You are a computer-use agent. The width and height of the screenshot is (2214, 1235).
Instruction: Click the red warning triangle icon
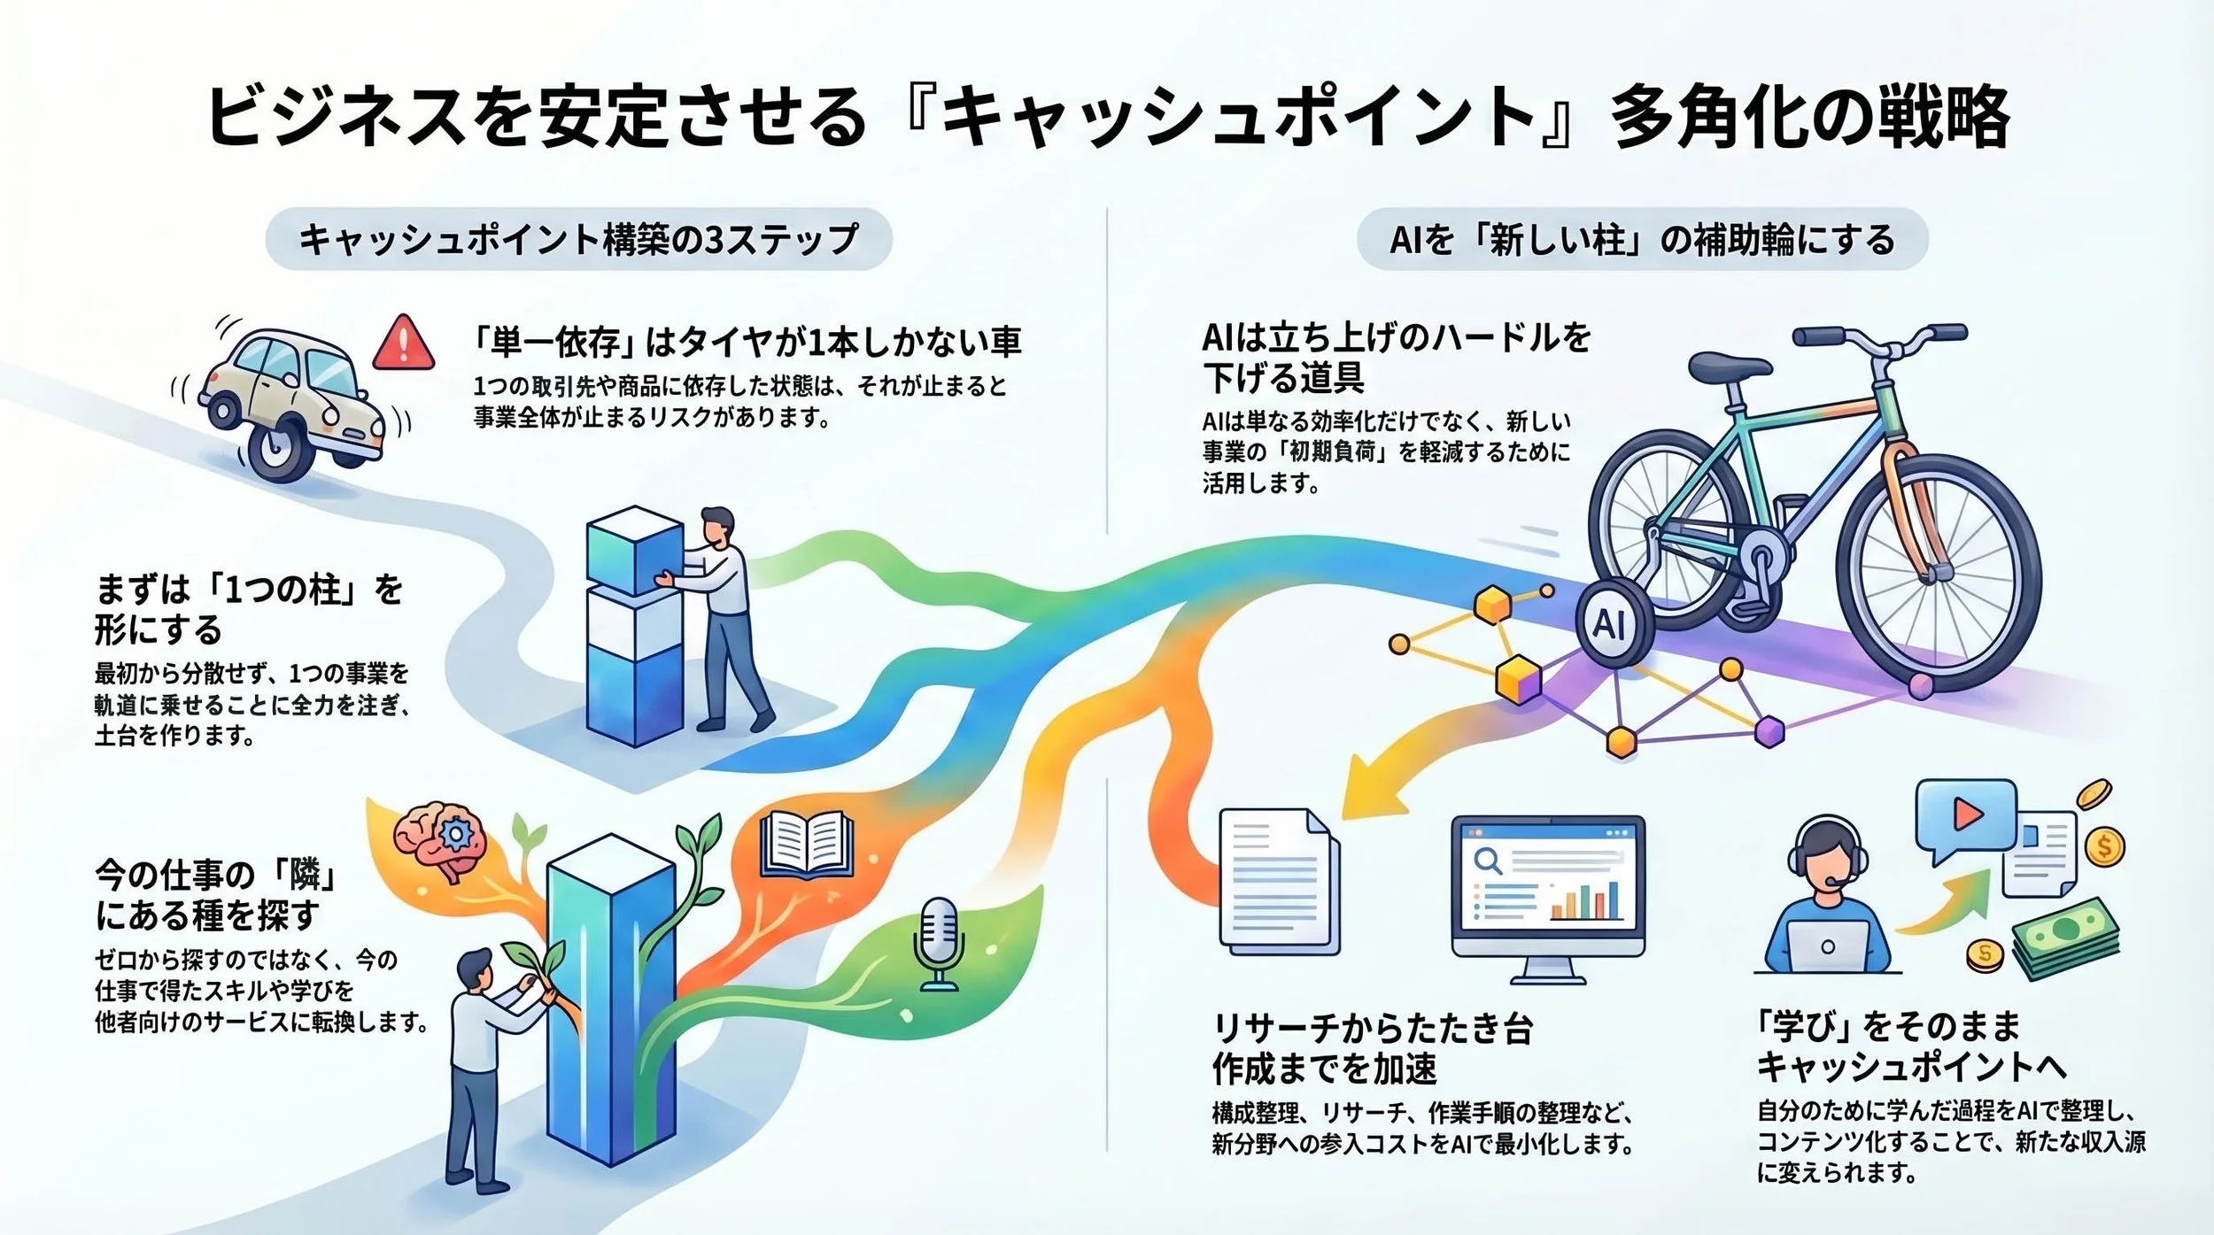click(x=404, y=343)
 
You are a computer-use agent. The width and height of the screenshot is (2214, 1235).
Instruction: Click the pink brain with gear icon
click(x=441, y=840)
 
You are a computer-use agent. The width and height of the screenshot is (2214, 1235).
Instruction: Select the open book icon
click(x=806, y=845)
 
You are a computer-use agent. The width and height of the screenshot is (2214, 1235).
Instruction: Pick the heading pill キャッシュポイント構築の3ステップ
click(x=578, y=239)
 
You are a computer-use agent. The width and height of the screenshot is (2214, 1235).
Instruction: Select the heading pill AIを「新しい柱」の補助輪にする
click(x=1642, y=239)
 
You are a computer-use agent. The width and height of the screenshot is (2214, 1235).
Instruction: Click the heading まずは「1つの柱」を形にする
click(x=249, y=609)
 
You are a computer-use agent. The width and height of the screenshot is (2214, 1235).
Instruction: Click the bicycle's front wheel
click(x=1939, y=575)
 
